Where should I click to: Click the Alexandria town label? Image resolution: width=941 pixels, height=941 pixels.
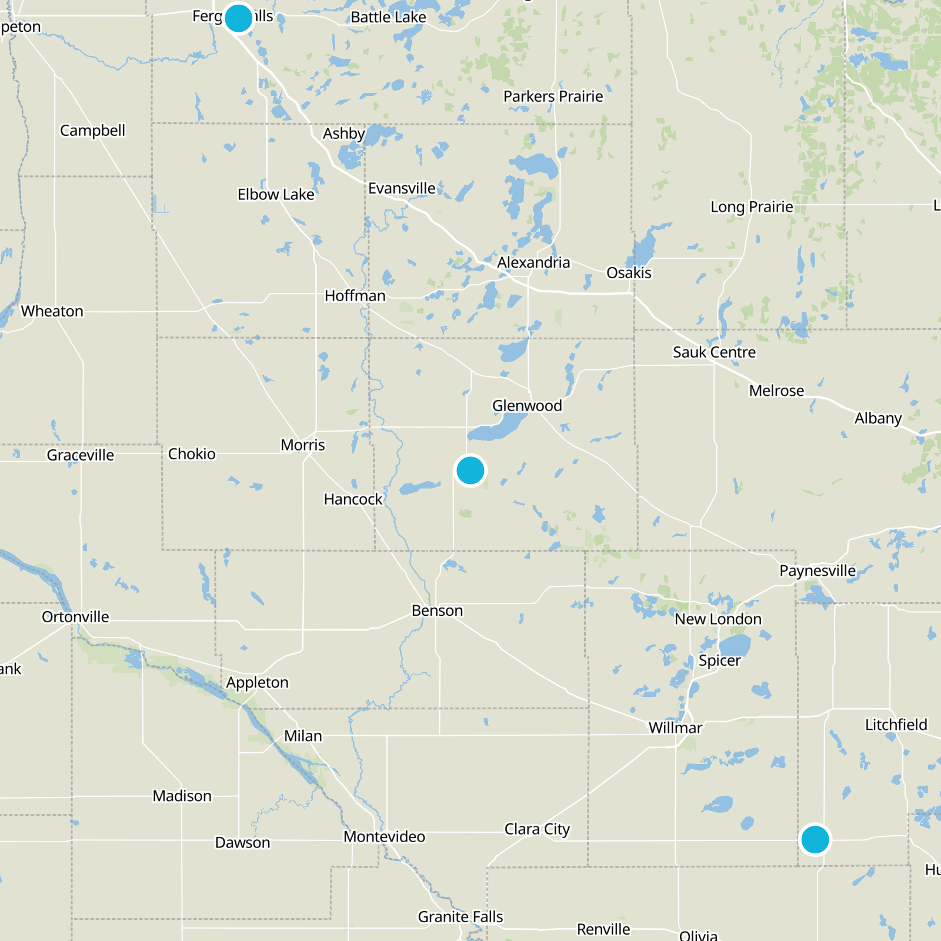pyautogui.click(x=533, y=262)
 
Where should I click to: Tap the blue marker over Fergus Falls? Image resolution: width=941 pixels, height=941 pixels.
pyautogui.click(x=238, y=18)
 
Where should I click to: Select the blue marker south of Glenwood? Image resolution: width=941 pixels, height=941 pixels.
pyautogui.click(x=470, y=470)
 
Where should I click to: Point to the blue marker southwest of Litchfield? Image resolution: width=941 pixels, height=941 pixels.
pyautogui.click(x=815, y=839)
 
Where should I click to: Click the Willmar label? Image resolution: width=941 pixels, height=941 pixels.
pyautogui.click(x=675, y=728)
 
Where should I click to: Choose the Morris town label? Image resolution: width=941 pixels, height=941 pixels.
pyautogui.click(x=302, y=445)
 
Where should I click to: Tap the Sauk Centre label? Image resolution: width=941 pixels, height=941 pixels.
pyautogui.click(x=714, y=352)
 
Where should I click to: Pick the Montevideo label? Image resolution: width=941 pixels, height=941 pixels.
pyautogui.click(x=384, y=836)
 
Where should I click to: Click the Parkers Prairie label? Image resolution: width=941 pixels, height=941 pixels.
pyautogui.click(x=553, y=96)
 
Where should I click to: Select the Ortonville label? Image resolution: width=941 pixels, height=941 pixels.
pyautogui.click(x=75, y=616)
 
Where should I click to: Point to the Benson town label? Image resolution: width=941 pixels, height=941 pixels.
pyautogui.click(x=437, y=610)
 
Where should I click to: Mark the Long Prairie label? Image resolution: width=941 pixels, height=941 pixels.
pyautogui.click(x=752, y=206)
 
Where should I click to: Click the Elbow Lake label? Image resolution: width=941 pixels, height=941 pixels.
pyautogui.click(x=276, y=194)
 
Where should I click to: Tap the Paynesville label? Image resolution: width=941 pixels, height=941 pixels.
pyautogui.click(x=817, y=570)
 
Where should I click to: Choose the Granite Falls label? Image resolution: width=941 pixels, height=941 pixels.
pyautogui.click(x=460, y=916)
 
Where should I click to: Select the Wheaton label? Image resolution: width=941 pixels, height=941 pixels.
pyautogui.click(x=52, y=311)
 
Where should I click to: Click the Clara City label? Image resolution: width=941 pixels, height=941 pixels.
pyautogui.click(x=537, y=829)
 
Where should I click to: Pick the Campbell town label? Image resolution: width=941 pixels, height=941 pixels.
pyautogui.click(x=92, y=130)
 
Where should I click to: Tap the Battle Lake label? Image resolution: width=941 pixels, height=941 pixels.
pyautogui.click(x=388, y=17)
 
